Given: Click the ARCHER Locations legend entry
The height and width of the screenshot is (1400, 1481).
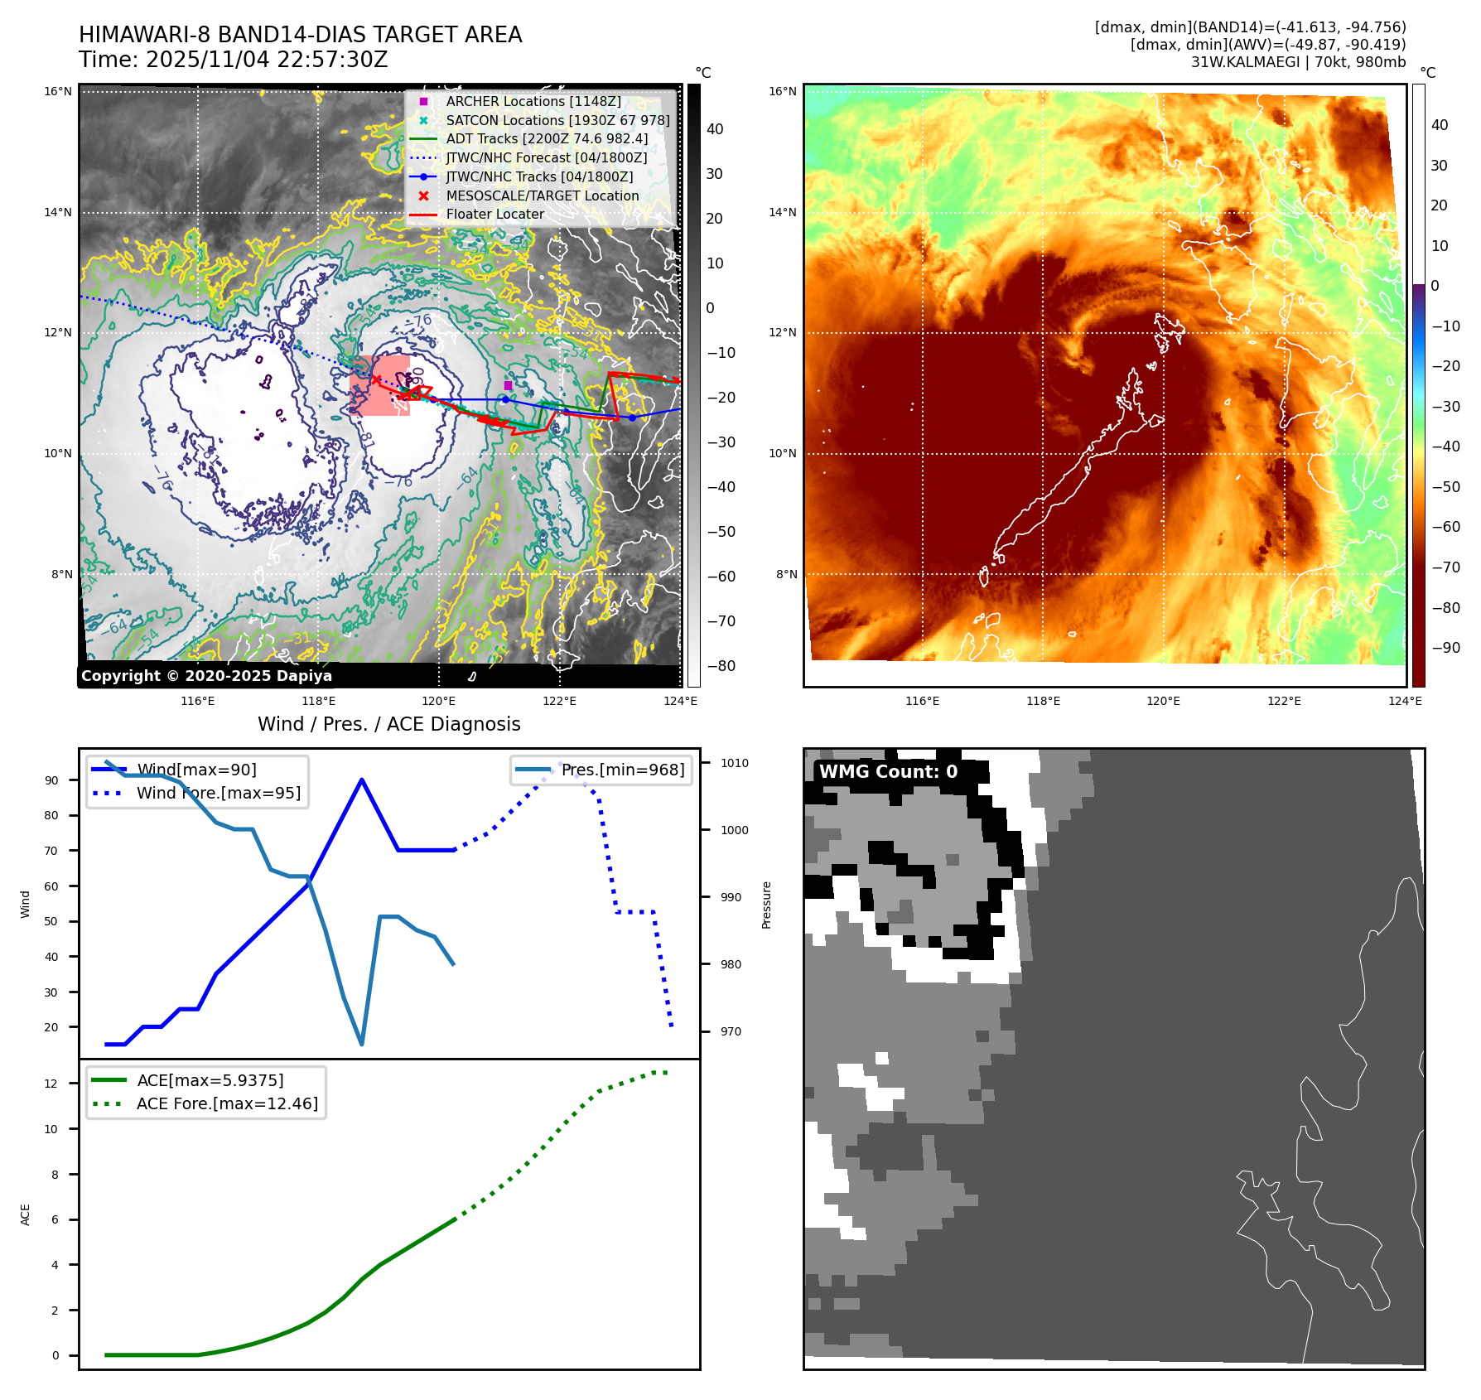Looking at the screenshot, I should point(533,101).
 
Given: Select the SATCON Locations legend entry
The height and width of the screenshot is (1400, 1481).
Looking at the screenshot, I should point(557,120).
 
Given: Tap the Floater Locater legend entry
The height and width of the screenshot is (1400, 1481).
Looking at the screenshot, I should point(494,214).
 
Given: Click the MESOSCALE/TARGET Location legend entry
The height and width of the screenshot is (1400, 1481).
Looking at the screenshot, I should point(542,196).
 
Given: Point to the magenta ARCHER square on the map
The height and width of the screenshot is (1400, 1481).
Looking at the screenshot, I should point(508,385).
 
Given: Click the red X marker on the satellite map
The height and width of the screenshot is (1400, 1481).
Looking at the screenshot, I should point(376,379).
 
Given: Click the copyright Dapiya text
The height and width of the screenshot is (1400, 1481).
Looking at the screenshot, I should point(206,676).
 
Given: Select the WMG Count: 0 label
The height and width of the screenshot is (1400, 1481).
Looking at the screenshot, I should point(888,772).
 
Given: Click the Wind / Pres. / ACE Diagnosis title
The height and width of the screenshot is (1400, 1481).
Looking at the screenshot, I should point(388,724).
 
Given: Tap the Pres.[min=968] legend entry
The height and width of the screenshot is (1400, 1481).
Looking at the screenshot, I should point(622,770).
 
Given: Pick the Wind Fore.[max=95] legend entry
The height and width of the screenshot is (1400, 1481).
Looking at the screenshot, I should point(218,793).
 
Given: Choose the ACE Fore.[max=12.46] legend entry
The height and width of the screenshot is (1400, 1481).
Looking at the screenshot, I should point(226,1103).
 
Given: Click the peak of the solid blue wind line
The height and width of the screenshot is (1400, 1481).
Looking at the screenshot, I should point(362,780).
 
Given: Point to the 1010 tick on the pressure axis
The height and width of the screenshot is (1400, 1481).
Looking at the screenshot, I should point(734,763).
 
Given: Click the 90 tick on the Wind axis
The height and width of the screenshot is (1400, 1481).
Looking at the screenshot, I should point(52,780).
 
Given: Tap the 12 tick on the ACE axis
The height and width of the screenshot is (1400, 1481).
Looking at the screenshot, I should point(51,1084).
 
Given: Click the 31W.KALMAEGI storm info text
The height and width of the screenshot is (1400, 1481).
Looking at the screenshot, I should point(1297,62).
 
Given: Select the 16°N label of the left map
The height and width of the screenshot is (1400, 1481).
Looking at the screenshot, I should point(58,91).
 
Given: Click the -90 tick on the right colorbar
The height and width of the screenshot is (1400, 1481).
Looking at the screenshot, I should point(1446,648).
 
